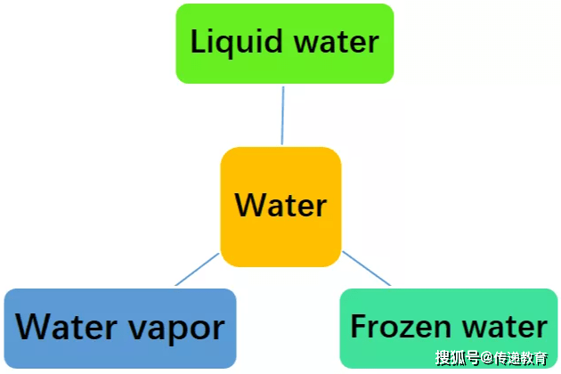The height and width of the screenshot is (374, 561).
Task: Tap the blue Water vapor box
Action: click(120, 328)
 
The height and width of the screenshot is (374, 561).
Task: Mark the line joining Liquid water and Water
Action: click(282, 115)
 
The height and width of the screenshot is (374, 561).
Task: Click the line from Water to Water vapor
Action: click(197, 270)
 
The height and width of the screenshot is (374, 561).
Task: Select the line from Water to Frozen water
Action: click(367, 270)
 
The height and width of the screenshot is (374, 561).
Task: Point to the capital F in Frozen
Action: click(358, 326)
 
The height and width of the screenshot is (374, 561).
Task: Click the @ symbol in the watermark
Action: click(487, 359)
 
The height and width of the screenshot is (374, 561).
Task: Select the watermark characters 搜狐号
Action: click(458, 359)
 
